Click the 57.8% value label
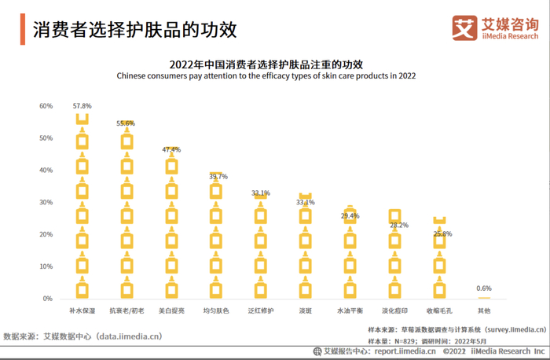(x=82, y=105)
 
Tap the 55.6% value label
(x=126, y=123)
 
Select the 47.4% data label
(x=171, y=149)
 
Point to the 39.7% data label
(x=218, y=177)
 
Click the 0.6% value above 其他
(x=484, y=288)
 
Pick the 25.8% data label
(x=442, y=234)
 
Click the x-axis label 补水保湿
(x=82, y=311)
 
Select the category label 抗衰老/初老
(x=126, y=311)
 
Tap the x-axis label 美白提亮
(x=171, y=311)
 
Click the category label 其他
(x=484, y=311)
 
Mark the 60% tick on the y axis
(x=46, y=106)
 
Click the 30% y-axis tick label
(x=46, y=203)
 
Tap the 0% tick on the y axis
(x=48, y=299)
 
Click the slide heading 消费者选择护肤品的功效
(x=134, y=29)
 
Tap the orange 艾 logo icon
(x=464, y=28)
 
